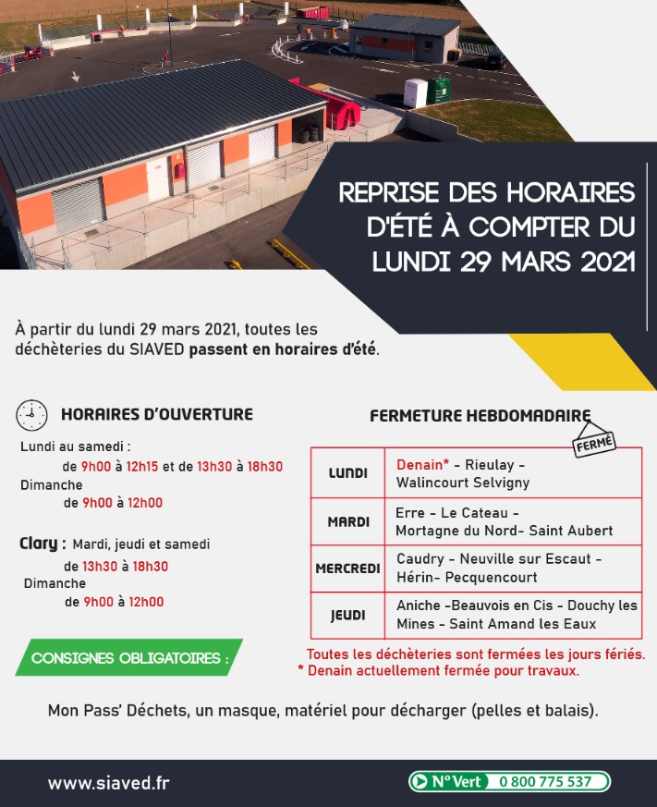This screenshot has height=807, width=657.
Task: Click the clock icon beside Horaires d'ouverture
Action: (x=31, y=415)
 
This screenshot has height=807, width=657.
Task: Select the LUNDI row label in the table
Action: (x=348, y=473)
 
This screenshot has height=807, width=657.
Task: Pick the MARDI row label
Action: (x=348, y=522)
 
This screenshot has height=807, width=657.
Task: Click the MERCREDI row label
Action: (x=348, y=569)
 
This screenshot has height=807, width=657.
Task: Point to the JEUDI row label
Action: (x=348, y=615)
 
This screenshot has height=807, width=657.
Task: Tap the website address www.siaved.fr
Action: (x=108, y=783)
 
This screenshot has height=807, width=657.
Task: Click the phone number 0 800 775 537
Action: (x=545, y=782)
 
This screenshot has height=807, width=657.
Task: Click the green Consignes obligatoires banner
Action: (x=129, y=658)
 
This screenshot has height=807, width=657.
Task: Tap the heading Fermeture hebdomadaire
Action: (x=480, y=416)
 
